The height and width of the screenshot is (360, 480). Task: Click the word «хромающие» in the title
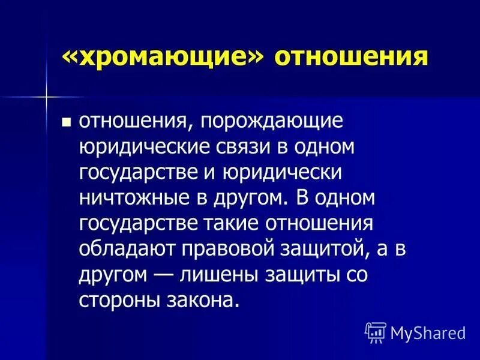[x=163, y=58]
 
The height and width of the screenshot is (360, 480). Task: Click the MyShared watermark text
[x=428, y=332]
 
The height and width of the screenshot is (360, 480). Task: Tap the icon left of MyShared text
[x=375, y=331]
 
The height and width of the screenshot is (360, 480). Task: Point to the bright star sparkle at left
[x=46, y=96]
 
